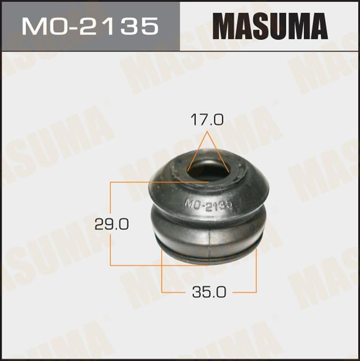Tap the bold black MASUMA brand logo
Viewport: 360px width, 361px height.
270,26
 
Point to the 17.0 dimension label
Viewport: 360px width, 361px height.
207,120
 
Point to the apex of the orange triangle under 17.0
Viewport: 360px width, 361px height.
207,133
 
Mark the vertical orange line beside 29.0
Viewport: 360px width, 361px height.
110,203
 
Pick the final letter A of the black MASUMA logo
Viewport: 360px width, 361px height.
317,26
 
